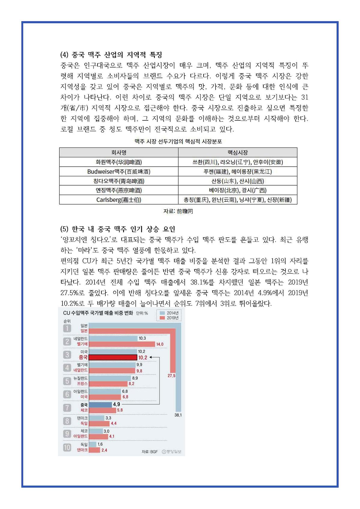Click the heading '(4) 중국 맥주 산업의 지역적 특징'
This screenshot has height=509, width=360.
[111, 55]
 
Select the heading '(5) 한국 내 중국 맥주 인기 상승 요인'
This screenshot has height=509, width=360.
[118, 229]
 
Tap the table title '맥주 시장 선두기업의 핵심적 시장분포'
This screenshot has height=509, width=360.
[178, 141]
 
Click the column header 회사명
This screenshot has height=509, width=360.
[119, 153]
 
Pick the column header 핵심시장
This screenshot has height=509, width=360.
[237, 153]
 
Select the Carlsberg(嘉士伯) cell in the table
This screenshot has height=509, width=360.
[119, 200]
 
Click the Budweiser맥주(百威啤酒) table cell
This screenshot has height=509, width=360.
[119, 171]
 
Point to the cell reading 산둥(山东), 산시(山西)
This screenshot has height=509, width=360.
[237, 181]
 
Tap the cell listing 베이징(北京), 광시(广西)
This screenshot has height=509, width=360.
[237, 190]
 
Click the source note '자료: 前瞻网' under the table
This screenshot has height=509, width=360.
[178, 211]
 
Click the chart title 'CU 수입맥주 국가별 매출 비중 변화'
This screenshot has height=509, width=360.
[98, 313]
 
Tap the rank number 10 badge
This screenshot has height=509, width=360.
[67, 447]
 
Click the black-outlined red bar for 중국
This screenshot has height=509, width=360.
[113, 357]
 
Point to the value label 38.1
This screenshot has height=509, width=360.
[178, 415]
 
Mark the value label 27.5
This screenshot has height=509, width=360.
[171, 376]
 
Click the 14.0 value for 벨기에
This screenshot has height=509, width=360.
[160, 344]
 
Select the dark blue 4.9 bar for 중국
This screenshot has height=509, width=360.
[100, 404]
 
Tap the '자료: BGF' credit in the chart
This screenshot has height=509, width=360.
[150, 451]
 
